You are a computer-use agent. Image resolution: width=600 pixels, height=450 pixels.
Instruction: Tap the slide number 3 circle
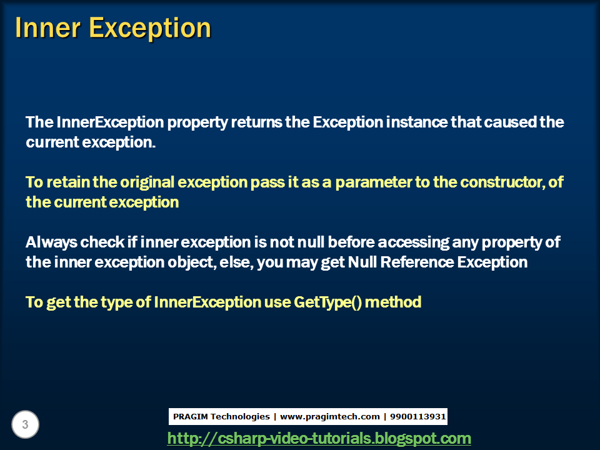pos(25,425)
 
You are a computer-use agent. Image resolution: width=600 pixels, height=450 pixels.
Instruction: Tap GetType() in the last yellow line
pos(327,302)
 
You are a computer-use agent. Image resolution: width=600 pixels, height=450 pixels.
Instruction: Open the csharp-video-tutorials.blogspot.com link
pos(319,438)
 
